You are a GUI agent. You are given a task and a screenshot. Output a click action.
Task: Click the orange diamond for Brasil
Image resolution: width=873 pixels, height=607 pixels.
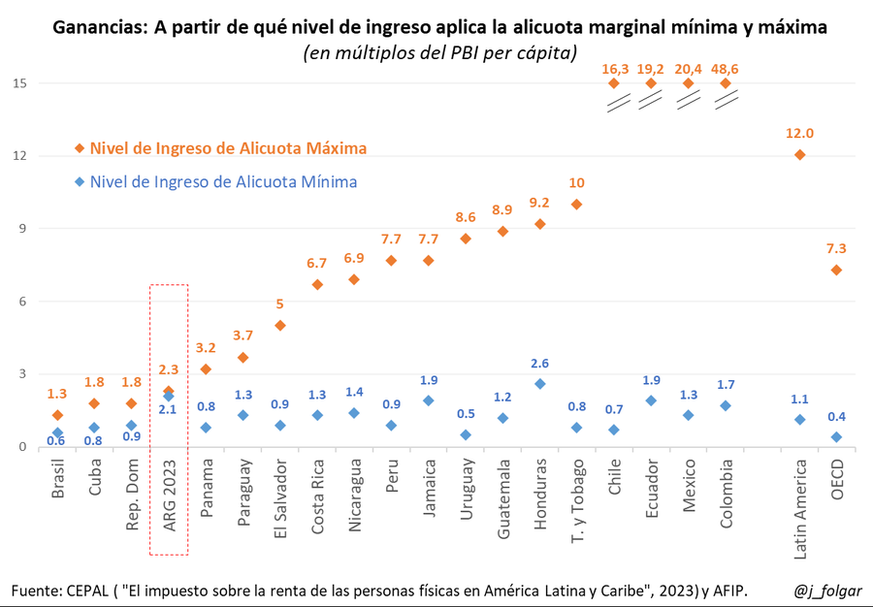pyautogui.click(x=57, y=415)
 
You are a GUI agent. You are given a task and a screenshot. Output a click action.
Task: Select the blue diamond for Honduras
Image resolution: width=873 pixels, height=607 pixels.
pyautogui.click(x=540, y=384)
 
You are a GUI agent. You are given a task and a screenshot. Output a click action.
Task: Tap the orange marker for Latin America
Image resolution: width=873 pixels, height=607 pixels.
pyautogui.click(x=800, y=155)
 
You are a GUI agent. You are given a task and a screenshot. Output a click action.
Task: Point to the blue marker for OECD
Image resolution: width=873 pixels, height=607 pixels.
pyautogui.click(x=836, y=437)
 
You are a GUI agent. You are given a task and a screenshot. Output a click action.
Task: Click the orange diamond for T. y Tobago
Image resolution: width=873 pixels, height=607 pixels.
pyautogui.click(x=577, y=205)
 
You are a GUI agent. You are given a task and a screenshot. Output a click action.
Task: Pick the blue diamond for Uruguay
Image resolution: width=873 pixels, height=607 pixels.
pyautogui.click(x=466, y=435)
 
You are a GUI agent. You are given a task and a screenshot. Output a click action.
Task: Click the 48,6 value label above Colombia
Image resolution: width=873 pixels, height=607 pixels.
pyautogui.click(x=726, y=69)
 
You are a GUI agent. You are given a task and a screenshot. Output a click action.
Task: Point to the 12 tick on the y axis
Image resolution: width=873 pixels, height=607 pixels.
pyautogui.click(x=19, y=156)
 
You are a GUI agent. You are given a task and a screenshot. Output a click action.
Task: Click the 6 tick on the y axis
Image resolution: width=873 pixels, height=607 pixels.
pyautogui.click(x=22, y=302)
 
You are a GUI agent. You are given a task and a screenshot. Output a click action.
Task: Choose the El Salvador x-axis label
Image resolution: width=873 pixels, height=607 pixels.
pyautogui.click(x=279, y=495)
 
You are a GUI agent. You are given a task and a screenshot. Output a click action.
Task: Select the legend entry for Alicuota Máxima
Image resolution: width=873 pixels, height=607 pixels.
pyautogui.click(x=228, y=148)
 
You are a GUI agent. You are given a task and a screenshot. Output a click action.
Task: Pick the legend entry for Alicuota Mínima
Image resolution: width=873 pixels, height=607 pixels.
pyautogui.click(x=223, y=181)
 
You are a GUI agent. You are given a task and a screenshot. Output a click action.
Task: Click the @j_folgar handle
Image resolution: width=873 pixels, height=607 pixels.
pyautogui.click(x=826, y=591)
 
